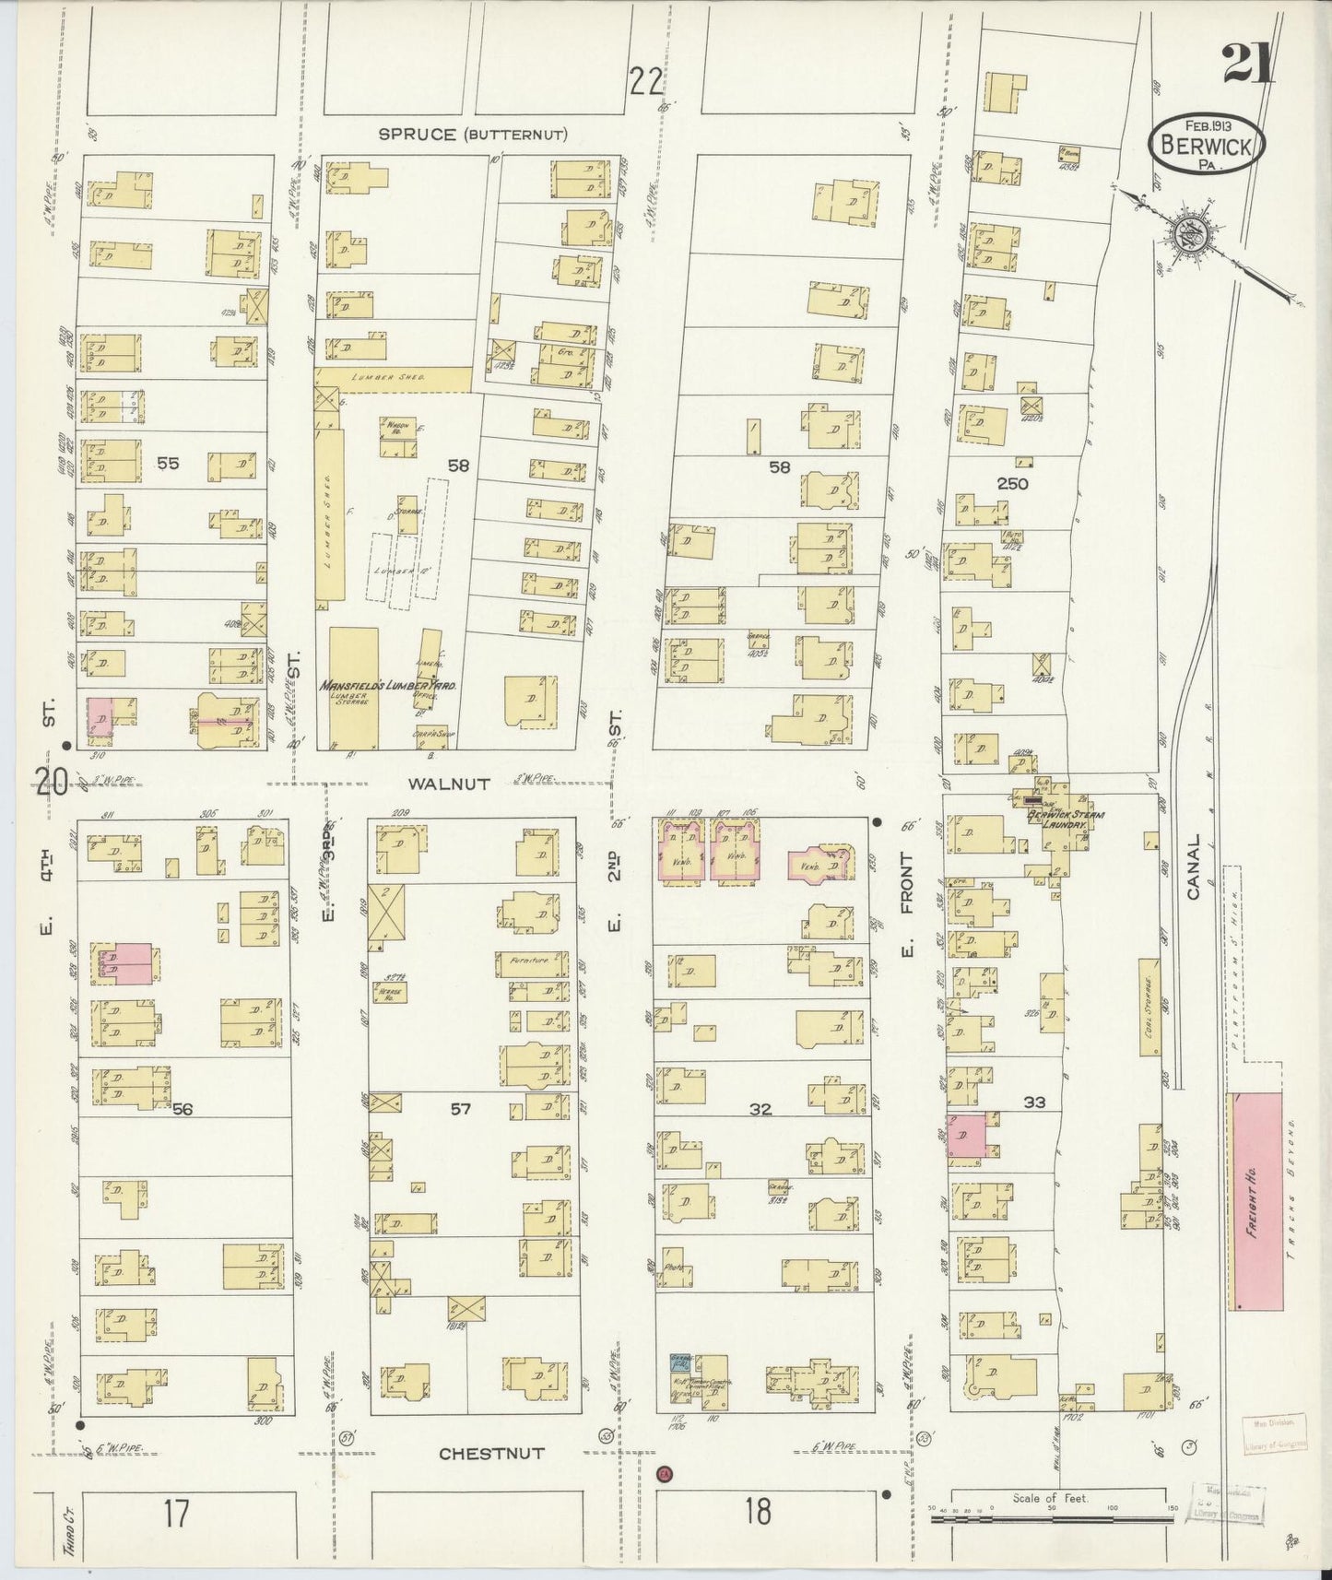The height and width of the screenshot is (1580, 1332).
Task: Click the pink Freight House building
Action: [x=1255, y=1201]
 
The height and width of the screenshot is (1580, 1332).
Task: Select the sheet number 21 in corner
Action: [x=1247, y=65]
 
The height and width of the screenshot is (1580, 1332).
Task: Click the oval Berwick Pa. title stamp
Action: [x=1206, y=143]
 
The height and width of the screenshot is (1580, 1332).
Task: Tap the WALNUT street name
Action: [x=430, y=782]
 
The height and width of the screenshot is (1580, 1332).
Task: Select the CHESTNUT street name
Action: [x=491, y=1454]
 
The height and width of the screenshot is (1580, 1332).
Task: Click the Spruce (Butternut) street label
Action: [x=473, y=135]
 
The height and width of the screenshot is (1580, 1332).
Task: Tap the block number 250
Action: [x=1011, y=483]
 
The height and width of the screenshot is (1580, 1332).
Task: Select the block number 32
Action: [x=760, y=1109]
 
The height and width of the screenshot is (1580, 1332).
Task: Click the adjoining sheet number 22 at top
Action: [x=647, y=83]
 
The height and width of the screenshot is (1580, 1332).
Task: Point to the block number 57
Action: [x=460, y=1109]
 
